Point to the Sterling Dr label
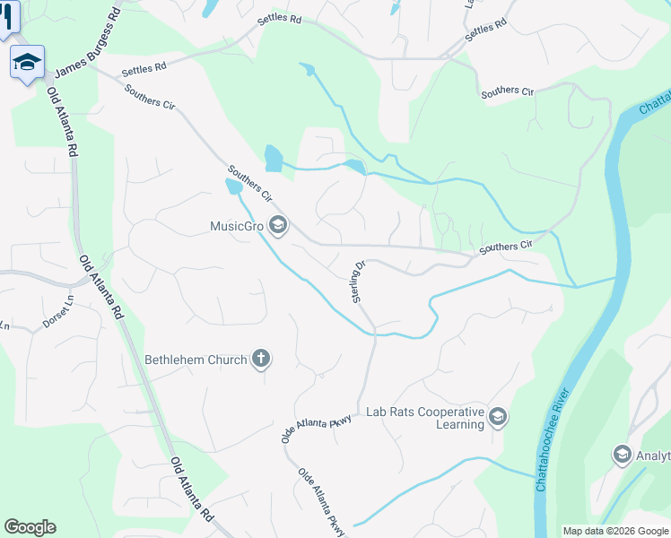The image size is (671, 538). pos(359,282)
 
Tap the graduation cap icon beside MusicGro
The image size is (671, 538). pos(277,226)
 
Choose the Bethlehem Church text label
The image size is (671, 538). pos(196,360)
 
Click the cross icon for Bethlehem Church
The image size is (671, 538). pos(261,360)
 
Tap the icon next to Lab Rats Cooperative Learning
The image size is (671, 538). pos(498,417)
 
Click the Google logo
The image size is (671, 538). pos(30,527)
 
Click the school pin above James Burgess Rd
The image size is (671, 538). pos(27,62)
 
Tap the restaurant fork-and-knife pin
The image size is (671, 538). pos(7,16)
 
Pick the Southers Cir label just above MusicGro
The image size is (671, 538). pos(249,182)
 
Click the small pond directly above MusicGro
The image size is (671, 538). pos(232,187)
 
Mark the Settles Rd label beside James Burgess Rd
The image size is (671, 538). pos(144,67)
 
